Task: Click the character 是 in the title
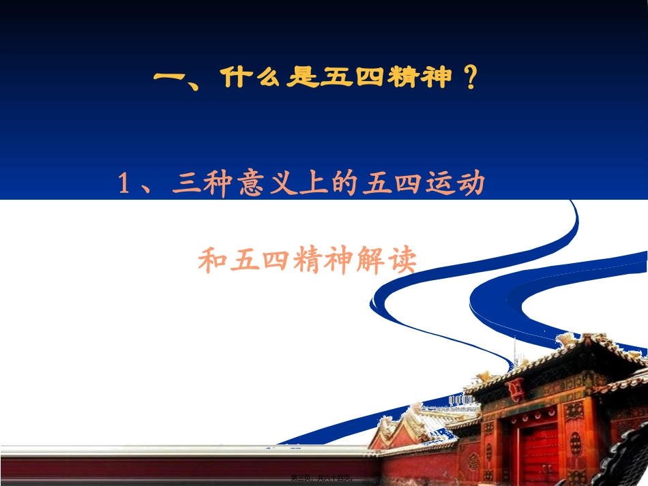[299, 78]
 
